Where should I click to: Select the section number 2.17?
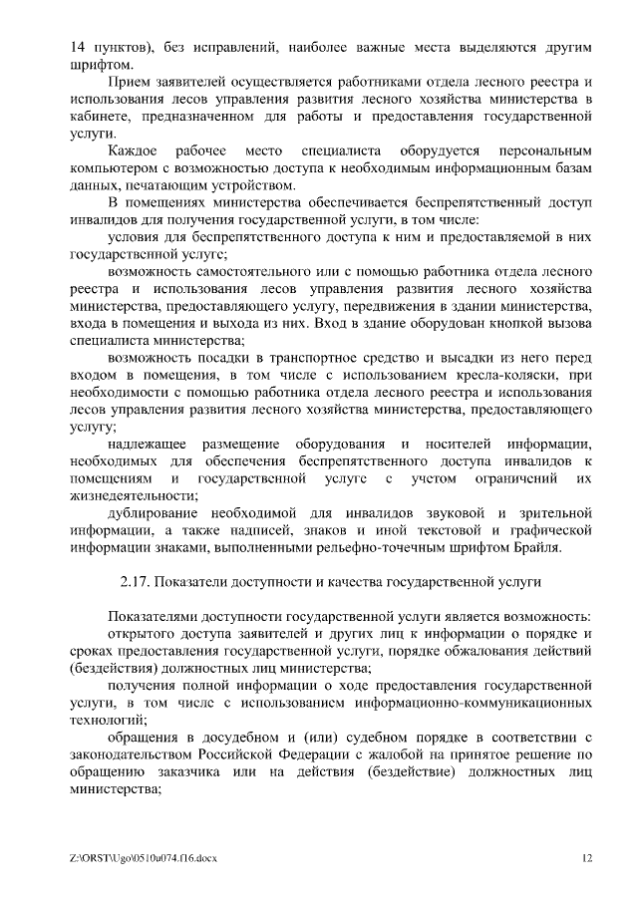click(137, 581)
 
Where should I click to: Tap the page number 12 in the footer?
click(587, 857)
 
